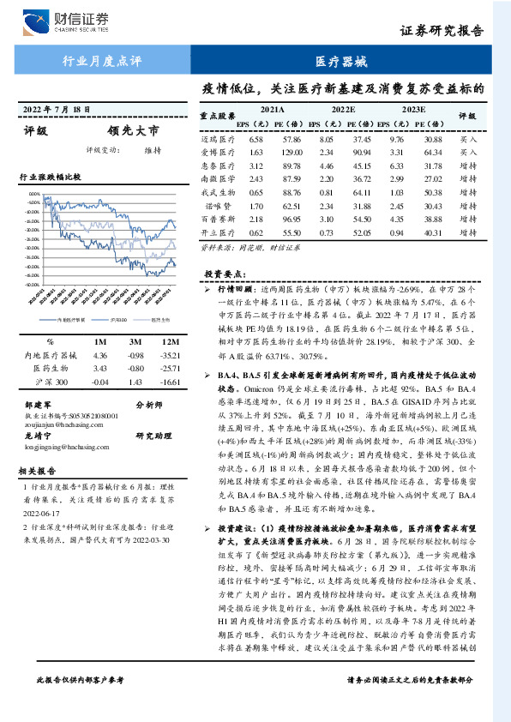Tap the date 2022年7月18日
tap(57, 111)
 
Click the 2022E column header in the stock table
tap(343, 110)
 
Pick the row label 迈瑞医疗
tap(218, 138)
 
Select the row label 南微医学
tap(218, 179)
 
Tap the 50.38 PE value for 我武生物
tap(434, 193)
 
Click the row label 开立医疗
tap(218, 233)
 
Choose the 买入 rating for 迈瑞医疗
tap(469, 138)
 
